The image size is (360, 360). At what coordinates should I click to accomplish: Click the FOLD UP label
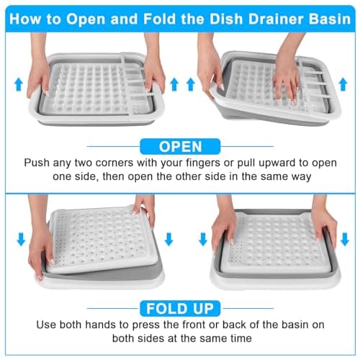179,309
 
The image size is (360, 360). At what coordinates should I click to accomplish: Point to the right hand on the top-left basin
153,66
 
